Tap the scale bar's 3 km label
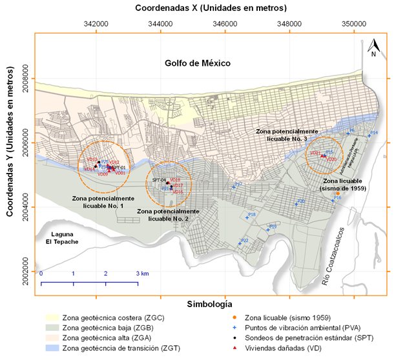[x=142, y=274]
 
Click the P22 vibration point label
[x=244, y=241]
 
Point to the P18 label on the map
[x=252, y=214]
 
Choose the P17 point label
[x=238, y=185]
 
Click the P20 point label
[x=301, y=201]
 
